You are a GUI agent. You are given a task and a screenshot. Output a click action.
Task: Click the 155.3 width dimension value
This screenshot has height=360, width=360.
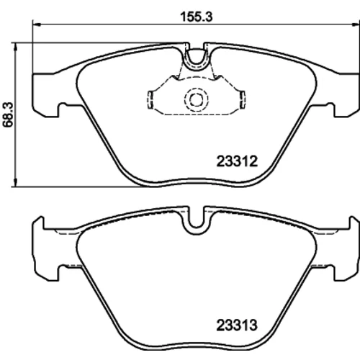click(x=197, y=17)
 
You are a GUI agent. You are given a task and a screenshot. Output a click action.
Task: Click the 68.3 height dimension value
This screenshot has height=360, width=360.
click(x=8, y=114)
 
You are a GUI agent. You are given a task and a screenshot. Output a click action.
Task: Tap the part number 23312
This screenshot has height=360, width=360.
click(x=237, y=161)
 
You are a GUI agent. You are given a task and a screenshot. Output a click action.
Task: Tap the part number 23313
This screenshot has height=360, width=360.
click(x=237, y=325)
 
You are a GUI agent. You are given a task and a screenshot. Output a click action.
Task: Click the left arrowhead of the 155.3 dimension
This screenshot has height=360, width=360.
click(x=37, y=24)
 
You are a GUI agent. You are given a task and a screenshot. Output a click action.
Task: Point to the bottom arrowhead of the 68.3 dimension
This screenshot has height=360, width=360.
click(x=16, y=182)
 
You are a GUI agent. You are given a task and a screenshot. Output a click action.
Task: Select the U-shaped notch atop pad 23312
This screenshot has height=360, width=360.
click(x=197, y=63)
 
